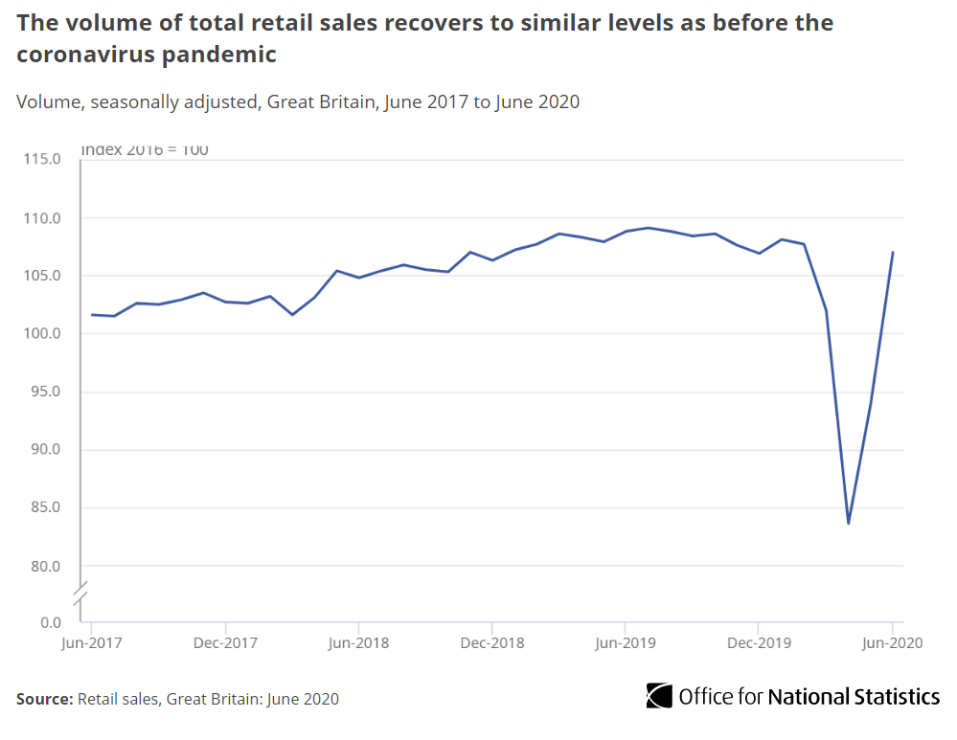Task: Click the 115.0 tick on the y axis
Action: (42, 160)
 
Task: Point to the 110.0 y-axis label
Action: (42, 218)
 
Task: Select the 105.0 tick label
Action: (42, 276)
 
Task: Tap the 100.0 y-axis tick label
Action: (42, 334)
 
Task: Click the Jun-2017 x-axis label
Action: (89, 643)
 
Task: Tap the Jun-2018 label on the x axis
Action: (356, 643)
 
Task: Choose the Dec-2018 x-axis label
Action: (490, 643)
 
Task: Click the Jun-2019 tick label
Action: (625, 643)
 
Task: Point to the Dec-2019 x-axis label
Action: (758, 643)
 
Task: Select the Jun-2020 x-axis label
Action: (892, 643)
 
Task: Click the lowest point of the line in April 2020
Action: (848, 523)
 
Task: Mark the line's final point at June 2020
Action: (892, 253)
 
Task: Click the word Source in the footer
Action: (44, 699)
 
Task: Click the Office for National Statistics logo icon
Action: (659, 696)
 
